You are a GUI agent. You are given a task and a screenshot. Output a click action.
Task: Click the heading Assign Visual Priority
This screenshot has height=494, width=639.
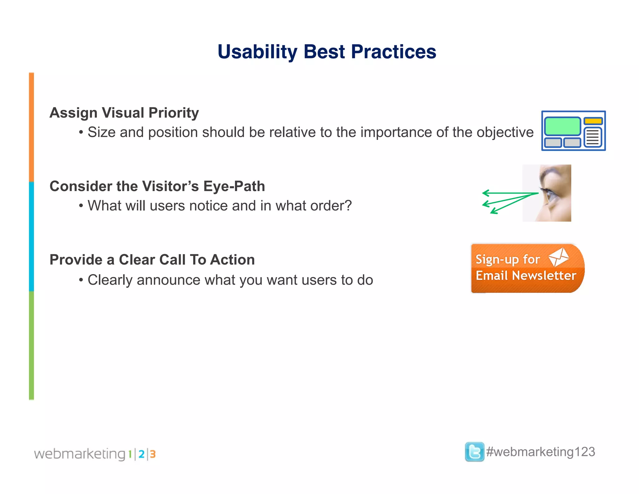pos(124,113)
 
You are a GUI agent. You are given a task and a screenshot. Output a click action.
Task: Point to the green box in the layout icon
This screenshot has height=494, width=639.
pos(562,126)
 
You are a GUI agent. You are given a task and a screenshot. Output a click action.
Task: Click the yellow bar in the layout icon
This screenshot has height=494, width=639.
pos(593,121)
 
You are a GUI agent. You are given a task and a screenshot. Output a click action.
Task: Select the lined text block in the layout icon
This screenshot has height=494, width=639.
pos(593,137)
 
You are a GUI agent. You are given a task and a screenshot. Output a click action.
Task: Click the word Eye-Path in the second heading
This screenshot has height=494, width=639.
pos(234,186)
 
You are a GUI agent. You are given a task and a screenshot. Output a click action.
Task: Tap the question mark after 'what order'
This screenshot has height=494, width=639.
pos(348,205)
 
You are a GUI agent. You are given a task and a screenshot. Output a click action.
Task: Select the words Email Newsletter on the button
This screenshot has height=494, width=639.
pos(526,276)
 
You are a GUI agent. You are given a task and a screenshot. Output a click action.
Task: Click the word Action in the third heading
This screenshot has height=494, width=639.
pos(232,260)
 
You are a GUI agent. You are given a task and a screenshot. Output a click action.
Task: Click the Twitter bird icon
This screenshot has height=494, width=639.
pos(474,452)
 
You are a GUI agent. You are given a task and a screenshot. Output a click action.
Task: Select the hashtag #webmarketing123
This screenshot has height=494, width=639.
pos(540,452)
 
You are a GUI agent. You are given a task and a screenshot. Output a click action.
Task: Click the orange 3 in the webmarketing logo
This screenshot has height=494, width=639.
pos(153,454)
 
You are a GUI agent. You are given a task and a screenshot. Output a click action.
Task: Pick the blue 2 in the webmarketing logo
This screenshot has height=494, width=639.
pos(141,454)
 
